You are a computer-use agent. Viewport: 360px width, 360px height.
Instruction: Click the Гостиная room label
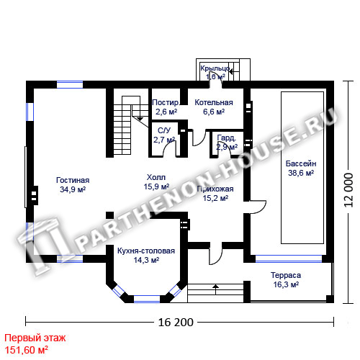[x=73, y=180]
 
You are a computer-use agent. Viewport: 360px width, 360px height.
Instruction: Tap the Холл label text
[x=156, y=177]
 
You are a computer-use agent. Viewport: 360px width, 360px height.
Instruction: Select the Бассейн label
[x=301, y=163]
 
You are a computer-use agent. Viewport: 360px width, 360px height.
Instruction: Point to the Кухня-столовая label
[x=146, y=251]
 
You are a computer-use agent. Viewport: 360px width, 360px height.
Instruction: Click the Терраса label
[x=286, y=275]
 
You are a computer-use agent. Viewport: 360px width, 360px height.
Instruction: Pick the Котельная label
[x=214, y=102]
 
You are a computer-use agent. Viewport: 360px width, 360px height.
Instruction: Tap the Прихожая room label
[x=215, y=189]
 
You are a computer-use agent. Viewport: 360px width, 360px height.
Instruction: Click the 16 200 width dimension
[x=176, y=323]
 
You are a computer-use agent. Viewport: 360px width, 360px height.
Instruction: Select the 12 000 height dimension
[x=348, y=190]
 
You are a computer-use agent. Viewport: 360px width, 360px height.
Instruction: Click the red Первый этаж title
[x=35, y=338]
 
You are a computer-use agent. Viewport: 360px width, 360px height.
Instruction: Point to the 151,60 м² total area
[x=27, y=350]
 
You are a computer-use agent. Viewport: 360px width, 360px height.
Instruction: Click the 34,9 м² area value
[x=73, y=189]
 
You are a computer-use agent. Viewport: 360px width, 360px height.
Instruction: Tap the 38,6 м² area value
[x=301, y=173]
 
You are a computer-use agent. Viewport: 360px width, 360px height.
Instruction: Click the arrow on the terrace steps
[x=216, y=289]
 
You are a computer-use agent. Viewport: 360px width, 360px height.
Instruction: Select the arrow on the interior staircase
[x=140, y=118]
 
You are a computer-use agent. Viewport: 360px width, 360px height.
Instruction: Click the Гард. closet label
[x=226, y=138]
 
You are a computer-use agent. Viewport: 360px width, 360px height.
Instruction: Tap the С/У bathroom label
[x=164, y=130]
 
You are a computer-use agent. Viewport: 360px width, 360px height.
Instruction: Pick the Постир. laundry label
[x=166, y=102]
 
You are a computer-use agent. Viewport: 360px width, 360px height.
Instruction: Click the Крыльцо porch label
[x=215, y=68]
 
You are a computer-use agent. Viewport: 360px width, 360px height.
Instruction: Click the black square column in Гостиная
[x=110, y=215]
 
